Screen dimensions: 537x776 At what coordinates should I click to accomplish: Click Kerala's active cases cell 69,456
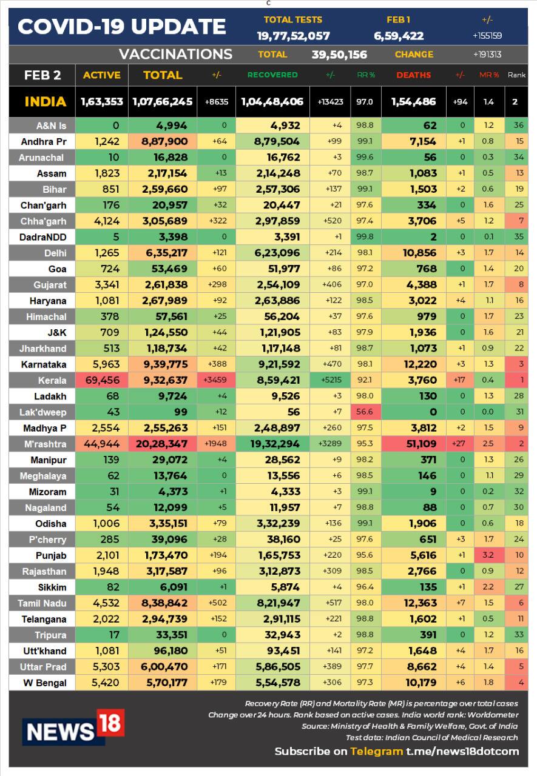point(102,380)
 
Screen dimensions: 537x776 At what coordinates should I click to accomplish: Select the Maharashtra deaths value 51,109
point(421,444)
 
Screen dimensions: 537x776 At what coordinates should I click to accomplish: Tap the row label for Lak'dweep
point(42,412)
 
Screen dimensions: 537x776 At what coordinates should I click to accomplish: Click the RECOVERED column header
point(272,75)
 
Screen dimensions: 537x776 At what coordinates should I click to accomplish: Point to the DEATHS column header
point(414,75)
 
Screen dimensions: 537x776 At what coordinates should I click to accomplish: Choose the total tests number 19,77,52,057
point(293,36)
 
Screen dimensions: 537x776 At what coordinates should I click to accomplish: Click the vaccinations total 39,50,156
point(339,55)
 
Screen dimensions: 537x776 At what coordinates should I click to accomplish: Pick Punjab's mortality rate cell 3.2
point(488,555)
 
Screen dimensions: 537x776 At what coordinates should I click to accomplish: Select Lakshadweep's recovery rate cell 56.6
point(365,412)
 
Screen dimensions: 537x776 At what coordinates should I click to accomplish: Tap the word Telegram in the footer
point(376,751)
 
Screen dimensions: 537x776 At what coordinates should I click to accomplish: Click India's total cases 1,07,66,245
point(162,101)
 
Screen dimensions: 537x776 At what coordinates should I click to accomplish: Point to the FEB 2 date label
point(42,75)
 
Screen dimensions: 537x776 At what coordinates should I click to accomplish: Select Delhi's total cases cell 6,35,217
point(166,253)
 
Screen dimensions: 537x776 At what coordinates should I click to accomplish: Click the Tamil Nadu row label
point(42,603)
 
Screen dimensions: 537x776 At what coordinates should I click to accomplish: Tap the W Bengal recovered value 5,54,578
point(278,683)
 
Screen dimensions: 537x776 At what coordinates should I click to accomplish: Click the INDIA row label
point(46,101)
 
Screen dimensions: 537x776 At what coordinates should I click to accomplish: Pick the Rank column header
point(516,75)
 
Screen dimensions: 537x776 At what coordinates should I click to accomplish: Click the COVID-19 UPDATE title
point(122,27)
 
